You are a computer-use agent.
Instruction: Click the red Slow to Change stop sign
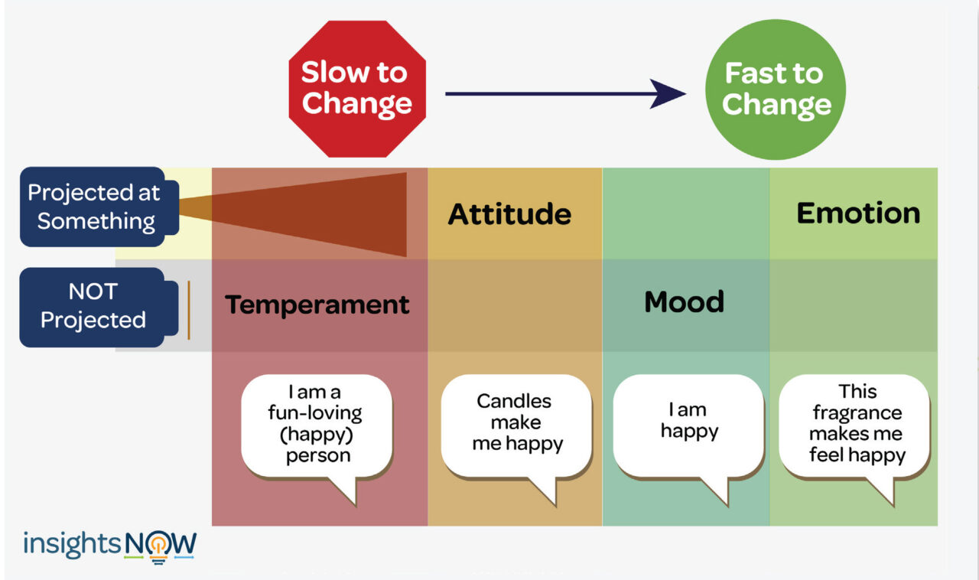point(356,88)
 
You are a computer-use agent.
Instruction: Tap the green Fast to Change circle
point(775,90)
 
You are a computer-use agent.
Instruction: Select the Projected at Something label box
point(93,207)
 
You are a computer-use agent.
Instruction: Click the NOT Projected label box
point(93,306)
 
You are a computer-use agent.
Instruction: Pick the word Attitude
point(509,213)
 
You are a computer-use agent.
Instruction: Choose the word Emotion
point(858,213)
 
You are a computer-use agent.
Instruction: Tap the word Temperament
point(317,305)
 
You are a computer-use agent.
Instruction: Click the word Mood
point(684,302)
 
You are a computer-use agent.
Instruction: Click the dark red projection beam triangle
point(344,214)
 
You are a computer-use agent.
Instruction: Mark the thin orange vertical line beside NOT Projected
point(188,309)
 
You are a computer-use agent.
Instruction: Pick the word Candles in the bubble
point(514,401)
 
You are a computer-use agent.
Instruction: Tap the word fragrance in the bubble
point(857,413)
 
